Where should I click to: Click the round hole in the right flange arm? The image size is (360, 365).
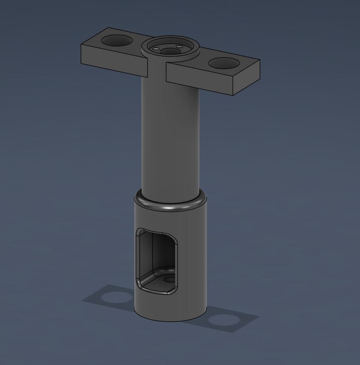pyautogui.click(x=223, y=63)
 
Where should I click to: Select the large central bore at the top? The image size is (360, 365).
pyautogui.click(x=170, y=51)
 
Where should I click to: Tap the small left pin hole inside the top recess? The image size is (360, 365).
pyautogui.click(x=156, y=49)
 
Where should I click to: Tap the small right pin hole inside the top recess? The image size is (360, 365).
pyautogui.click(x=179, y=47)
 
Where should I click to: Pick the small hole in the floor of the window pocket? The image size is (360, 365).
pyautogui.click(x=169, y=279)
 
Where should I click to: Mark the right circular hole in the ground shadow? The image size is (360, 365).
pyautogui.click(x=223, y=320)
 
